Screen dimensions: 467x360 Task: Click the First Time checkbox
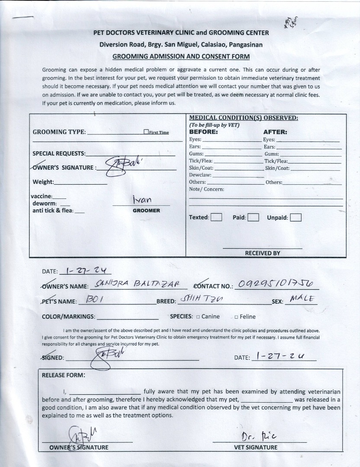pos(146,132)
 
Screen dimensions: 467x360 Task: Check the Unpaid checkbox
pos(296,218)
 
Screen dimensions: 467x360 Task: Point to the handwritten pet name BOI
pos(93,300)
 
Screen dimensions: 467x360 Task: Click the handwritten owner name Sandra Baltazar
pos(137,285)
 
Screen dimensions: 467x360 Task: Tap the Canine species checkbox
pos(198,317)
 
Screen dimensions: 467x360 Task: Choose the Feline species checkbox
pos(236,317)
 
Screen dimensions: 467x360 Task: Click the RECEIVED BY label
pos(262,253)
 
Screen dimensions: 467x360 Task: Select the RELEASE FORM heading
pos(63,375)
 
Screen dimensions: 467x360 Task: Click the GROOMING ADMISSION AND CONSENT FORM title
pos(181,56)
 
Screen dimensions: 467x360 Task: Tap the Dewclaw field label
pos(200,175)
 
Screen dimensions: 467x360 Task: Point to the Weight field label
pos(43,182)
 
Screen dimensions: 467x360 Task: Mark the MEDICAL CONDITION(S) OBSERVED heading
pos(244,118)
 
